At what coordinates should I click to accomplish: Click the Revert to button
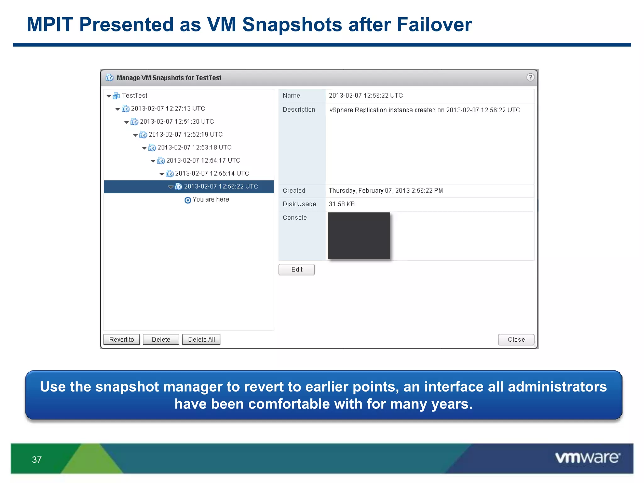point(121,340)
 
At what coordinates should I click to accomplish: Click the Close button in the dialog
point(516,340)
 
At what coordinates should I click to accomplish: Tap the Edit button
point(297,269)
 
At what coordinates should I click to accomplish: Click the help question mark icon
point(530,77)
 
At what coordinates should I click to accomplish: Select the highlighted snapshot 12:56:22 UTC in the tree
point(221,186)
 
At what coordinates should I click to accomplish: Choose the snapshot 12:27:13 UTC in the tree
point(168,108)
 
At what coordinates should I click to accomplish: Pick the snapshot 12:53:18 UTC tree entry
point(194,147)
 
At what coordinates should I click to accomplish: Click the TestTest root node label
point(135,96)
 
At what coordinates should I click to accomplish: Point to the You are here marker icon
point(188,200)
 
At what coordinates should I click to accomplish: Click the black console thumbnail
point(359,236)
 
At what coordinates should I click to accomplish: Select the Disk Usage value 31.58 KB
point(341,204)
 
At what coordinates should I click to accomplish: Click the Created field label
point(294,191)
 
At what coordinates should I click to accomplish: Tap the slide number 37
point(37,460)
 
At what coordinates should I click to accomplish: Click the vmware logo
point(587,458)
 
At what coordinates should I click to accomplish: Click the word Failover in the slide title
point(434,25)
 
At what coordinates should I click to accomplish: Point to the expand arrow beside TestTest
point(109,96)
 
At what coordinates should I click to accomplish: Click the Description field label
point(299,109)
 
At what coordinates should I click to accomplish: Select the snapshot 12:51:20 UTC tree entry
point(177,121)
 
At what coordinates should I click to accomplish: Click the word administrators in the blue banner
point(557,386)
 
